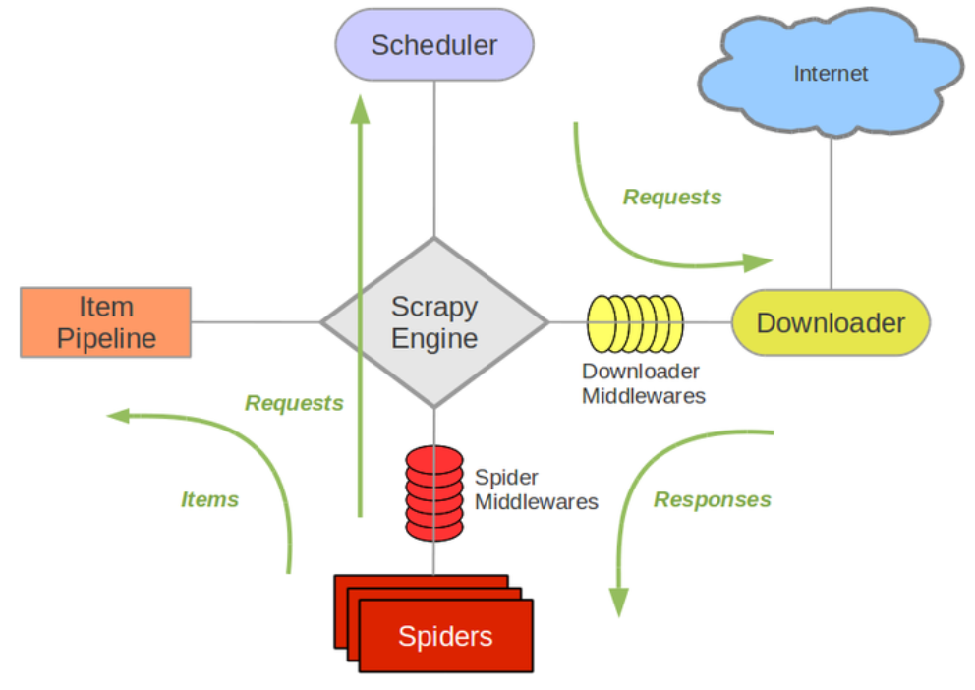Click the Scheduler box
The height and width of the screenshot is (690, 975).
tap(434, 45)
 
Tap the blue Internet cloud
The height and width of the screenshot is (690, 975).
tap(831, 73)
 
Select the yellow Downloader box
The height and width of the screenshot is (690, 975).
tap(831, 322)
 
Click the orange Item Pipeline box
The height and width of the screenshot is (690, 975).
tap(106, 322)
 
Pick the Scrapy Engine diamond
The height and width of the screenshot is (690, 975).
tap(434, 322)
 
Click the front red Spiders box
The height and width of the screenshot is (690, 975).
tap(446, 636)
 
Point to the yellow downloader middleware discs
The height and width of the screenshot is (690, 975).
tap(635, 323)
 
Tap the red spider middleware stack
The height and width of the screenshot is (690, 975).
tap(434, 493)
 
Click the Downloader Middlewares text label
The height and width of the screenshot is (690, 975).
tap(644, 383)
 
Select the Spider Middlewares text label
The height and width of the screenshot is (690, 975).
tap(536, 489)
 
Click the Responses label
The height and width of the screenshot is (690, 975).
tap(712, 499)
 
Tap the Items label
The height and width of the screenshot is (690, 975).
tap(209, 499)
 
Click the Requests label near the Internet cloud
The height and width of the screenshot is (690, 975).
tap(672, 197)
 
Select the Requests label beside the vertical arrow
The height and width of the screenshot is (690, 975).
tap(294, 403)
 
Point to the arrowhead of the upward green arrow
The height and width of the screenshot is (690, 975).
tap(360, 109)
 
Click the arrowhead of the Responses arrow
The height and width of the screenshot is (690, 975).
tap(618, 602)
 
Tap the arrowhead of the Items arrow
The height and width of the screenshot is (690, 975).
tap(118, 415)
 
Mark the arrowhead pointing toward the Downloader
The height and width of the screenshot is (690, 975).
tap(758, 262)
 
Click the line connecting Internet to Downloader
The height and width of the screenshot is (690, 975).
tap(832, 213)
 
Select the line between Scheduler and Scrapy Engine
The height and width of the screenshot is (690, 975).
tap(434, 159)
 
